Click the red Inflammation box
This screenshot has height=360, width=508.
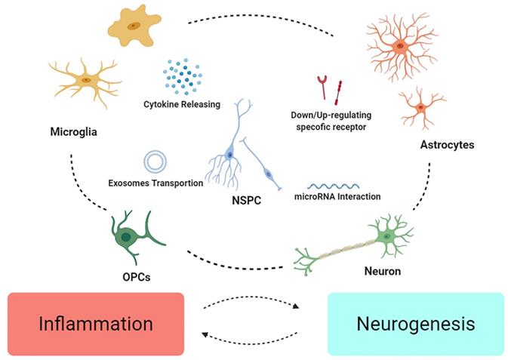pyautogui.click(x=95, y=324)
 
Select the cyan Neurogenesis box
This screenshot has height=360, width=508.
pyautogui.click(x=416, y=324)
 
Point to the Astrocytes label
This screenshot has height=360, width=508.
pyautogui.click(x=447, y=144)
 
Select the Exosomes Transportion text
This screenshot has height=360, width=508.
pyautogui.click(x=156, y=183)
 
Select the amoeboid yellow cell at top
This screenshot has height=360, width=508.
pyautogui.click(x=134, y=26)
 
